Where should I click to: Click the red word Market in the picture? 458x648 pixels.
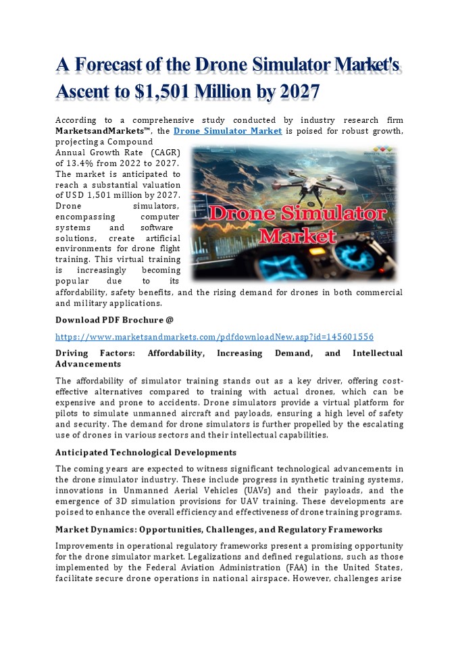click(298, 236)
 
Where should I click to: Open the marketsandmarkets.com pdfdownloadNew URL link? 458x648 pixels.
click(214, 336)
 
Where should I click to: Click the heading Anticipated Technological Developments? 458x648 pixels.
click(145, 452)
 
